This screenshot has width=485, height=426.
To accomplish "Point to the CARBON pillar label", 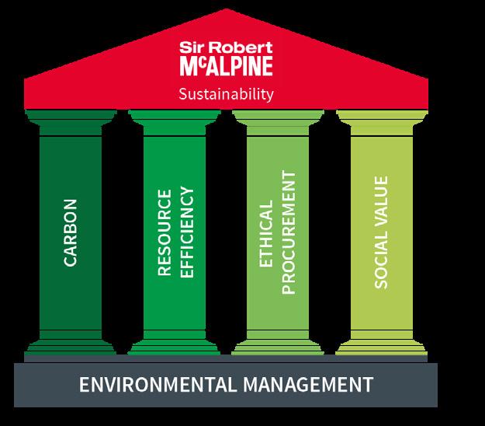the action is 71,233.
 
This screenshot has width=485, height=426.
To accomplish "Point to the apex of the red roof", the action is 226,11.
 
